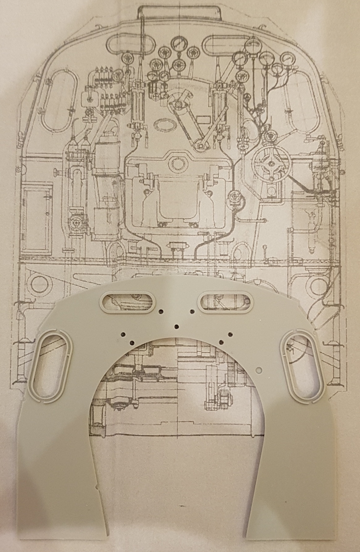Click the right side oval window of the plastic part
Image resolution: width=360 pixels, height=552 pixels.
pyautogui.click(x=303, y=366)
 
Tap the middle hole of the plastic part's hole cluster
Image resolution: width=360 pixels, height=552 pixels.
pyautogui.click(x=176, y=326)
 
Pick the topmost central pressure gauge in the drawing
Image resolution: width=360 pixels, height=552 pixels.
pyautogui.click(x=178, y=44)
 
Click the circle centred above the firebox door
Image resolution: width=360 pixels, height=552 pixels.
pyautogui.click(x=176, y=163)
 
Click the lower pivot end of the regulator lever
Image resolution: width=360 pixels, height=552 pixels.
pyautogui.click(x=199, y=144)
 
